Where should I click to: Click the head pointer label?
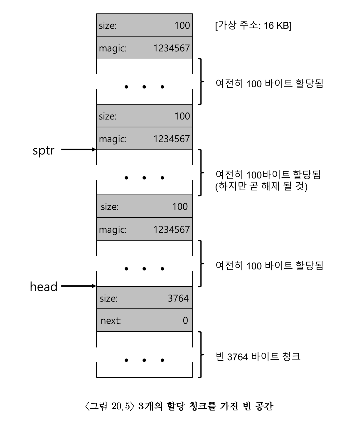43,287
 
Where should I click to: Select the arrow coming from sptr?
79,150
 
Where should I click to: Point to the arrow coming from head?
79,286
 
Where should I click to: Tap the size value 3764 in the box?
178,298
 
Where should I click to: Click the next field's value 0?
185,321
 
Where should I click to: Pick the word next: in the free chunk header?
111,321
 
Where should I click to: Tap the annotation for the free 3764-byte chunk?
258,357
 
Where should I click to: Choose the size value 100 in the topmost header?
182,26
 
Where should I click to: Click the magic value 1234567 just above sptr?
171,139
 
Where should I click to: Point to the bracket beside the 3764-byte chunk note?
200,354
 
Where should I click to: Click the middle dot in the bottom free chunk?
144,360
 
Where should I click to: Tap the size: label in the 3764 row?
109,298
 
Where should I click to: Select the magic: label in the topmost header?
113,48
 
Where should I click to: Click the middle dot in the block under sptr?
144,178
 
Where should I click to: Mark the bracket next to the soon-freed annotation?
200,173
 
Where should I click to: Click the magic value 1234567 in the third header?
171,230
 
